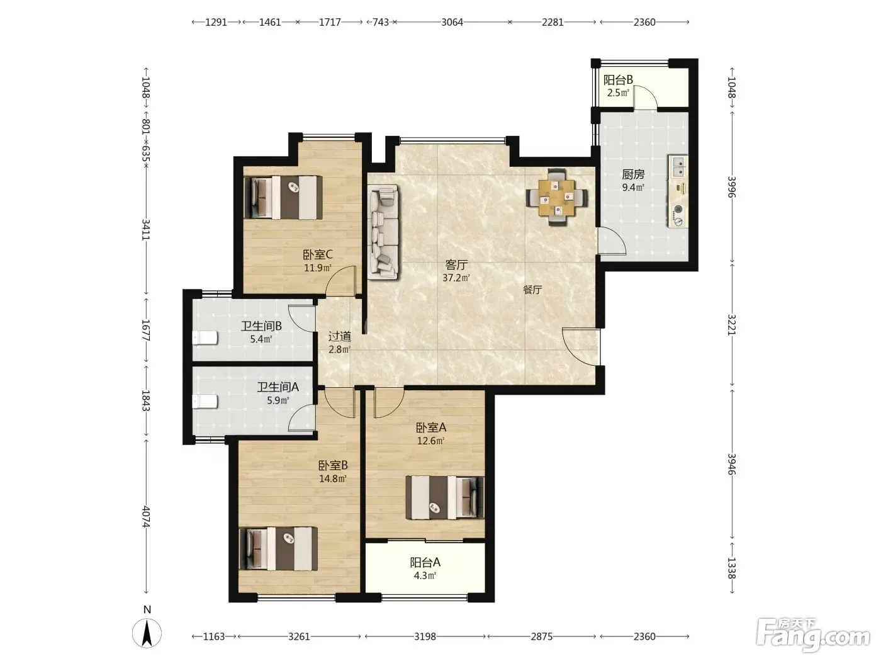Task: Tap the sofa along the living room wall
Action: coord(384,232)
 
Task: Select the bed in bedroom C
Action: coord(283,198)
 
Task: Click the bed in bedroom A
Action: coord(445,497)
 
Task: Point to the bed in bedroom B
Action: coord(278,548)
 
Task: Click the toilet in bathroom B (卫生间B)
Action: coord(205,338)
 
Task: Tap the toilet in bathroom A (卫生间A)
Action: coord(205,401)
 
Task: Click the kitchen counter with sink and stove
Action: coord(678,191)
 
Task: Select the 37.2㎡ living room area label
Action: coord(456,278)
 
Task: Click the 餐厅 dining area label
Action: coord(532,290)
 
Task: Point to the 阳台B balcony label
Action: coord(618,80)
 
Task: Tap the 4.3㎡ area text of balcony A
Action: coord(425,575)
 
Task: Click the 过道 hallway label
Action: coord(340,336)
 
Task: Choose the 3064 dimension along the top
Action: coord(452,22)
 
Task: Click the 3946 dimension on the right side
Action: coord(731,464)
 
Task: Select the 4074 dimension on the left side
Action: coord(146,516)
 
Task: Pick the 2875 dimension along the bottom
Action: coord(541,636)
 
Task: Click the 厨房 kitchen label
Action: coord(633,174)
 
